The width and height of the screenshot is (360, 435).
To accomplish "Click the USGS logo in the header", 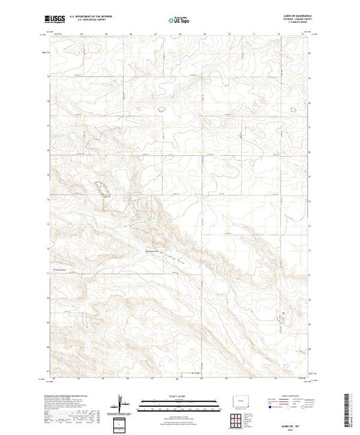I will pos(57,21).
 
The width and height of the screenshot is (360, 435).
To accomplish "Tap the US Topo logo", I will pos(180,21).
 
